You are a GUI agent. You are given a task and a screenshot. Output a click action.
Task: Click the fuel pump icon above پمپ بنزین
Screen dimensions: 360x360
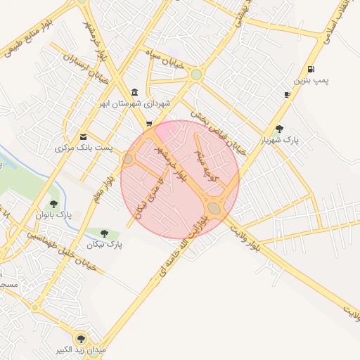310,69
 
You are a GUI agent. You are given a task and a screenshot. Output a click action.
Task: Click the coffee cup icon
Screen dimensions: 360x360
287,94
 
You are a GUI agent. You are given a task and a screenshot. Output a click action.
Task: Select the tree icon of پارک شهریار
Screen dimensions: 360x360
280,129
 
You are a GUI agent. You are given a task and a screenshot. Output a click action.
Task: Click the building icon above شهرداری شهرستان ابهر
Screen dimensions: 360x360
134,94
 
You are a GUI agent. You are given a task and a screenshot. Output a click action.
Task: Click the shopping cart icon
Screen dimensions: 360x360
148,124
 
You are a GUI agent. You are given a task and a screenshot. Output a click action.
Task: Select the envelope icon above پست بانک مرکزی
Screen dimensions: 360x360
84,136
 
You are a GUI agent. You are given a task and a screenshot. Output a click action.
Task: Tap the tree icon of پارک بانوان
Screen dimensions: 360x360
53,204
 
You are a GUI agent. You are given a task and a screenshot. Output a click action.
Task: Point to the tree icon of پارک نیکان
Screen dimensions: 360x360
104,233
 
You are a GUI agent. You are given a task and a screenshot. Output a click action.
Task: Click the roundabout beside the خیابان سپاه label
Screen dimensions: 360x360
197,74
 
